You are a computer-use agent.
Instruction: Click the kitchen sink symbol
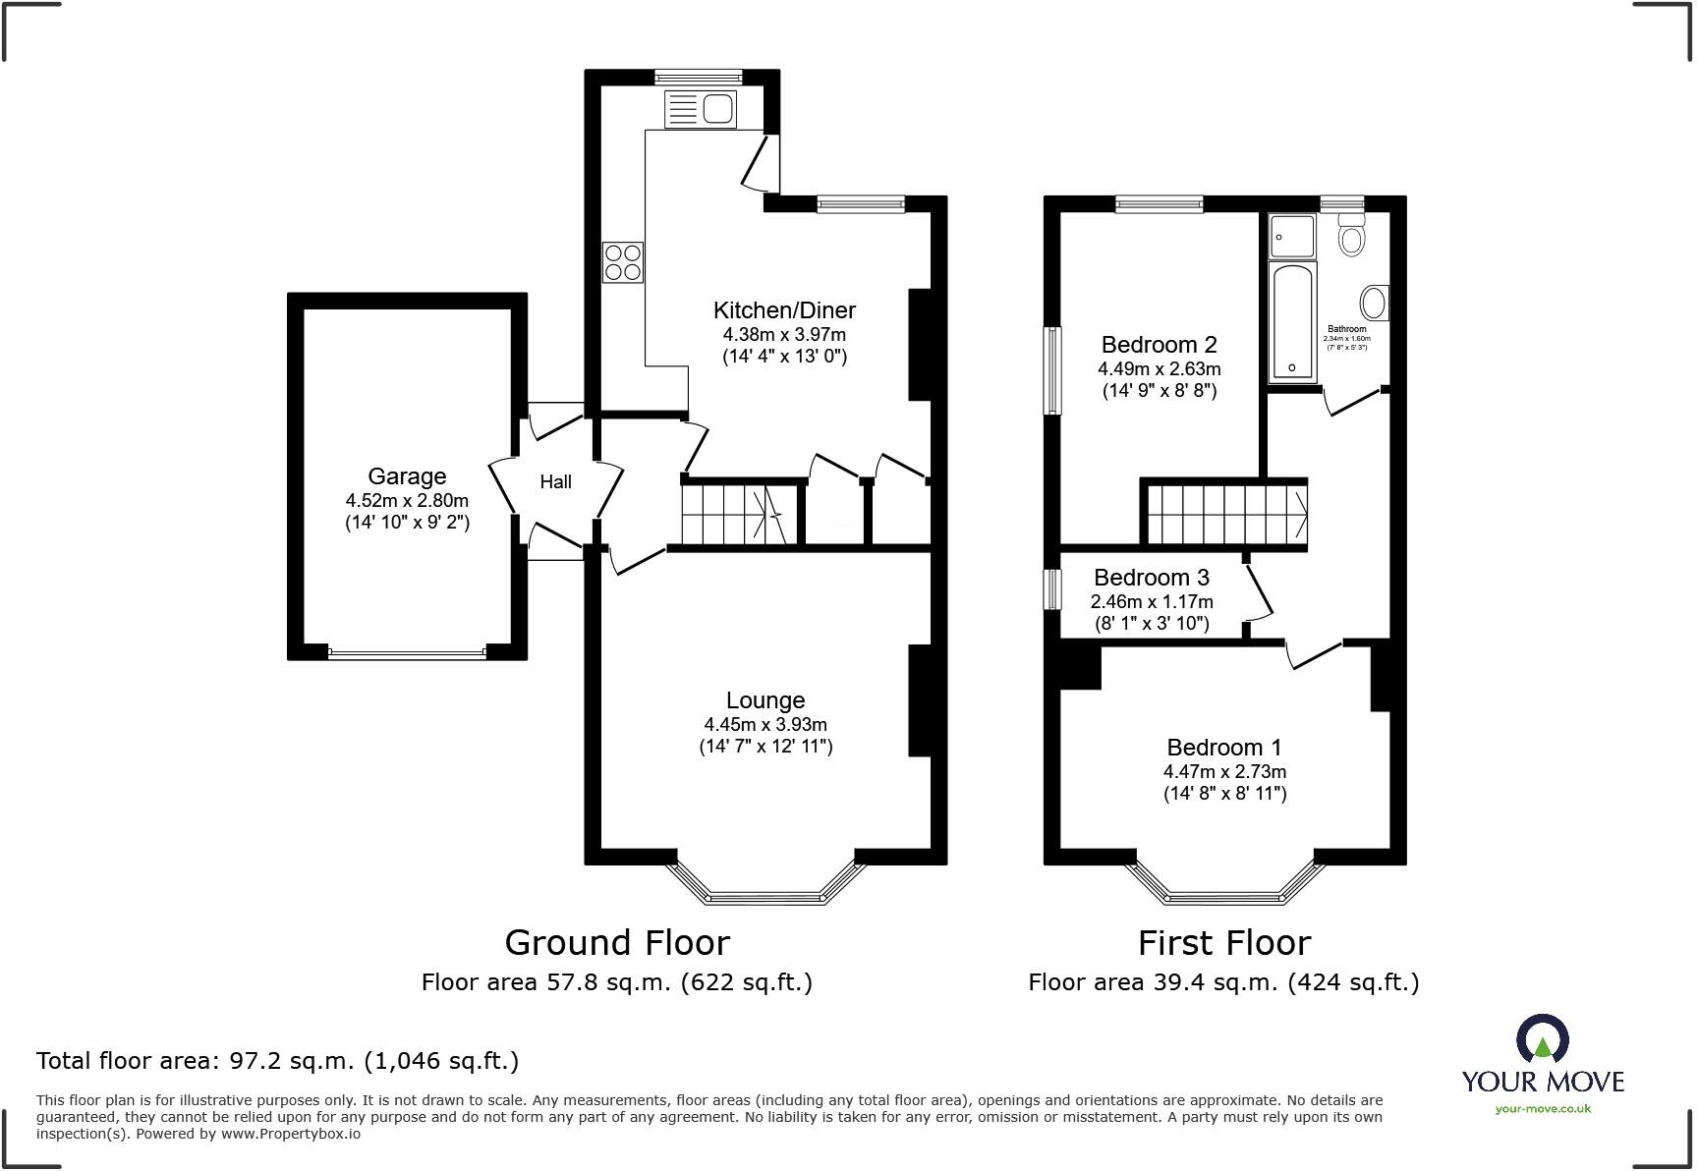click(x=700, y=109)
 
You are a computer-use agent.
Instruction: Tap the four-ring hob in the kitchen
click(x=623, y=262)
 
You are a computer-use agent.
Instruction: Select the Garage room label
click(x=407, y=476)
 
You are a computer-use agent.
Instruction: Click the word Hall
click(x=555, y=481)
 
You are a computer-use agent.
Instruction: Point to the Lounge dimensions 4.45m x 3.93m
click(x=764, y=725)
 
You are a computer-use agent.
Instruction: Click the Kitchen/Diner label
click(x=784, y=310)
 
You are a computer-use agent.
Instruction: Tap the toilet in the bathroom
click(x=1352, y=236)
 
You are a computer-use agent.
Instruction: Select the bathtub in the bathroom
click(x=1291, y=321)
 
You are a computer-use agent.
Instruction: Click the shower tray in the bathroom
click(x=1291, y=236)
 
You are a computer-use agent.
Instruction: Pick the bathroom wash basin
click(x=1374, y=303)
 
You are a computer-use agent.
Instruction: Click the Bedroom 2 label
click(x=1159, y=345)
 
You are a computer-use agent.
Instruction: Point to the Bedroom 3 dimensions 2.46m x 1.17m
click(x=1152, y=601)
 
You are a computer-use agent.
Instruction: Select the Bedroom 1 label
click(x=1224, y=748)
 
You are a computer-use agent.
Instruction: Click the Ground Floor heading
click(x=617, y=943)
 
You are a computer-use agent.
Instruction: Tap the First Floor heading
click(x=1223, y=943)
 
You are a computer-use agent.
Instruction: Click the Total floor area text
click(x=277, y=1061)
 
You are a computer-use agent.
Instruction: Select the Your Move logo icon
click(x=1542, y=1039)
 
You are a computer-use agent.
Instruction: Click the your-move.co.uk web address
click(x=1542, y=1109)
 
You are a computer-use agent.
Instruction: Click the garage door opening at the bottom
click(x=407, y=652)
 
